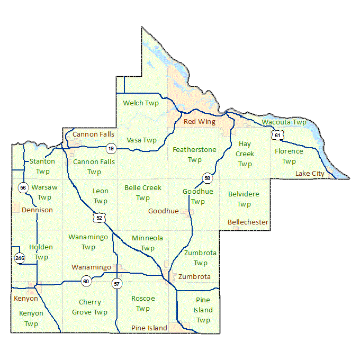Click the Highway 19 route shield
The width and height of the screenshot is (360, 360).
click(111, 148)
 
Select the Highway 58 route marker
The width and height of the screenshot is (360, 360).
click(207, 177)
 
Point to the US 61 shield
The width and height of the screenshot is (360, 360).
click(277, 136)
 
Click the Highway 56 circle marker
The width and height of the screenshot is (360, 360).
click(23, 187)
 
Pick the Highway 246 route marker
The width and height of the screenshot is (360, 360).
click(20, 258)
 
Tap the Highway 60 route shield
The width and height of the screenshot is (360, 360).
click(86, 282)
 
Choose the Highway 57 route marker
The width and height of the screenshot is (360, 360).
click(116, 284)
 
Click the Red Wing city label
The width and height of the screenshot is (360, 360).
click(200, 122)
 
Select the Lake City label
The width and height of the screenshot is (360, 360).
click(310, 174)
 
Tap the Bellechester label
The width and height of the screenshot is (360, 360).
click(248, 222)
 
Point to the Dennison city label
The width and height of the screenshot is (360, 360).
click(37, 210)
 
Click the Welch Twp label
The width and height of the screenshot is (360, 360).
click(140, 103)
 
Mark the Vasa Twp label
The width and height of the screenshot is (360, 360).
click(141, 140)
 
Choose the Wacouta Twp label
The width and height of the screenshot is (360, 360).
click(284, 122)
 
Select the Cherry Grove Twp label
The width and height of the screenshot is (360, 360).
click(89, 307)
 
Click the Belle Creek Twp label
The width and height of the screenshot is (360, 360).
click(142, 193)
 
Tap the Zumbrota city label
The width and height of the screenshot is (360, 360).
click(194, 277)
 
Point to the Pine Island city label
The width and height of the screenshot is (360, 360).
click(149, 328)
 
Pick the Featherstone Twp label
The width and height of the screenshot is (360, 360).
click(194, 155)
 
